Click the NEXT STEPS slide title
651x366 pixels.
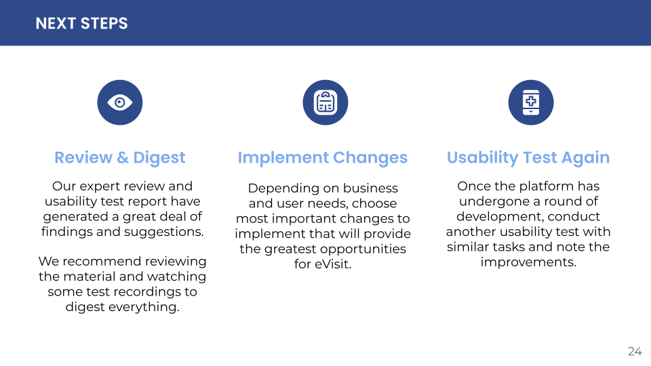tap(81, 24)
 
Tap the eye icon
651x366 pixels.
tap(120, 102)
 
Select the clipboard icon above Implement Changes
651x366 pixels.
tap(325, 102)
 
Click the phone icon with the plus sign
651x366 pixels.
tap(531, 102)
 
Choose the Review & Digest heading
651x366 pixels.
tap(120, 158)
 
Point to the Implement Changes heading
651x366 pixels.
tap(323, 158)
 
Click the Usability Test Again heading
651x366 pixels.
tap(528, 158)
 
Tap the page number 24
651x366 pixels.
tap(635, 352)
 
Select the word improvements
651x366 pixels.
tap(528, 262)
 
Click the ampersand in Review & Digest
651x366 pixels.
tap(123, 158)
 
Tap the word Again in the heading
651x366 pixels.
tap(585, 158)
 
